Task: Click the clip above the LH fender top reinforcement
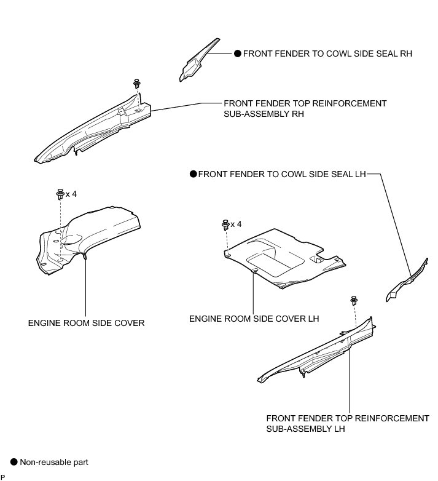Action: pyautogui.click(x=354, y=301)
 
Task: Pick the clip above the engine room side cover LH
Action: pyautogui.click(x=225, y=225)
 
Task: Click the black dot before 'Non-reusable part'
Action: pyautogui.click(x=15, y=461)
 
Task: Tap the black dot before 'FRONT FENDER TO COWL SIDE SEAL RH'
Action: pyautogui.click(x=238, y=54)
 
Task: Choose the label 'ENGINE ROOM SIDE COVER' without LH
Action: pyautogui.click(x=86, y=322)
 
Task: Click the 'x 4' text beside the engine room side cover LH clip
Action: pyautogui.click(x=237, y=224)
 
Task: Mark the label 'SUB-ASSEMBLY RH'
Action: pyautogui.click(x=264, y=114)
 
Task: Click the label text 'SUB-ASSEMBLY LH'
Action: pyautogui.click(x=305, y=429)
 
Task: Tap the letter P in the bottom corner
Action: pyautogui.click(x=3, y=477)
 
